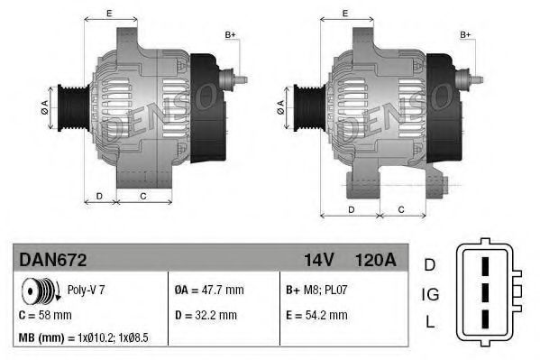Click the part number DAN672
(52, 260)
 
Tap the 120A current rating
(376, 260)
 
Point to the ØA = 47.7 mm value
(208, 291)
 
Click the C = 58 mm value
(46, 315)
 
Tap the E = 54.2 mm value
(315, 315)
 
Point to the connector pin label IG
(432, 293)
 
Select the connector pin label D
(431, 264)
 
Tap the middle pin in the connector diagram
(485, 295)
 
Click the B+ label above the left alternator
(230, 34)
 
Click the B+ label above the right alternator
(466, 34)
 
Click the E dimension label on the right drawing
(345, 14)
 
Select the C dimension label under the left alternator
(143, 196)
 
